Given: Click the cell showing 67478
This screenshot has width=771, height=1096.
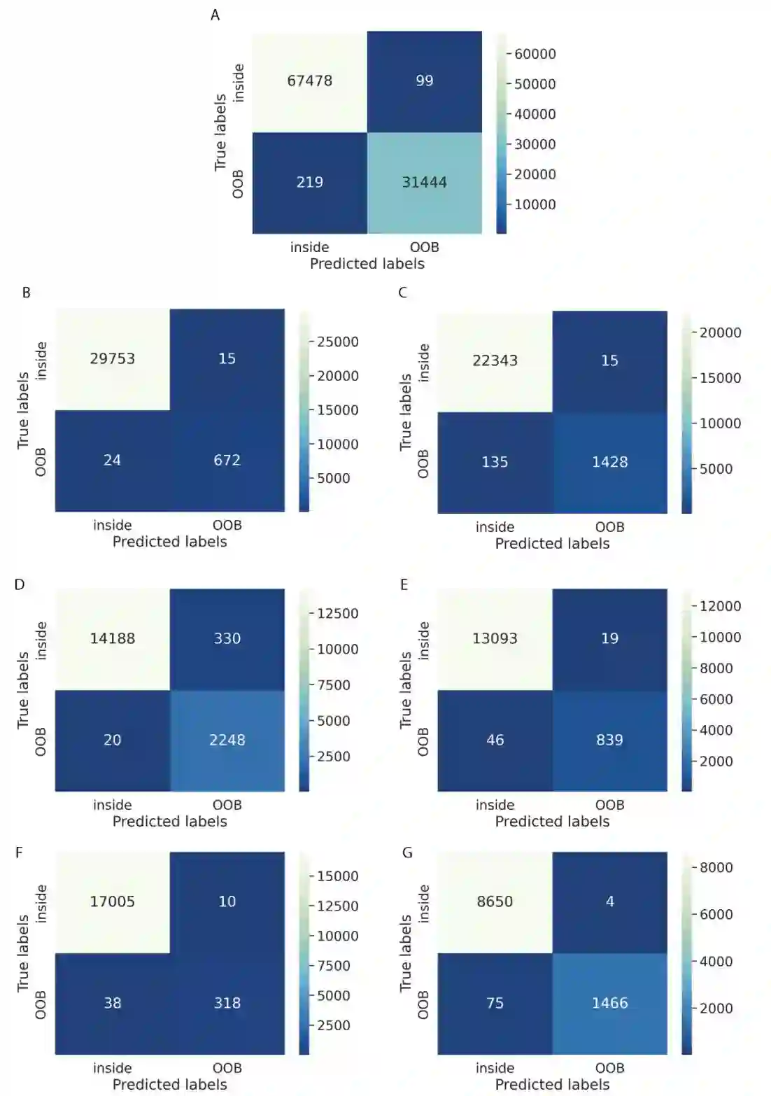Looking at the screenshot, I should pyautogui.click(x=309, y=80).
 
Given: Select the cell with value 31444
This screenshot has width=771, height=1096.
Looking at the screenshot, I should pyautogui.click(x=424, y=182).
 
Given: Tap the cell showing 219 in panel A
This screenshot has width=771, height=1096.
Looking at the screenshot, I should pyautogui.click(x=309, y=182).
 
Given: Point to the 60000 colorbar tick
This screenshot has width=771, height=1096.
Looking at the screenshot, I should pyautogui.click(x=535, y=54).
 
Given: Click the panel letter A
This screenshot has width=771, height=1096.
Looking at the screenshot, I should pyautogui.click(x=215, y=15).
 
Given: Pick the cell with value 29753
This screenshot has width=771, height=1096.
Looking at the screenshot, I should pyautogui.click(x=112, y=358).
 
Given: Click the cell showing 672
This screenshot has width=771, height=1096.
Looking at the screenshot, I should pyautogui.click(x=227, y=460).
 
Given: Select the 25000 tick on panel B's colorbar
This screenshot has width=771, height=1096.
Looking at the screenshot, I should pyautogui.click(x=337, y=342).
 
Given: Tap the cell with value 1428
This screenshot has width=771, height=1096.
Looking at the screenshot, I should pyautogui.click(x=609, y=462).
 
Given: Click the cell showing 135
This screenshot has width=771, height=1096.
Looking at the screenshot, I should pyautogui.click(x=495, y=462).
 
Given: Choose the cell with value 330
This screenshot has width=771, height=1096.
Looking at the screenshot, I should pyautogui.click(x=227, y=638).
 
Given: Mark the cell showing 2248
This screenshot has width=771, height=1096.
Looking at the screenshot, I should pyautogui.click(x=227, y=740).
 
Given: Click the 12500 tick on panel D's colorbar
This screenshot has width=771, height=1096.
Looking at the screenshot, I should pyautogui.click(x=337, y=613).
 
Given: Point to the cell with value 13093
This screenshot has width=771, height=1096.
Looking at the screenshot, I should pyautogui.click(x=495, y=638).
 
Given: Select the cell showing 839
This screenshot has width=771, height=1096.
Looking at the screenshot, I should pyautogui.click(x=609, y=740).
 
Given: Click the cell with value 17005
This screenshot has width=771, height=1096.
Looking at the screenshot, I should pyautogui.click(x=112, y=901).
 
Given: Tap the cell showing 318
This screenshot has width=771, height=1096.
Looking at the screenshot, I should pyautogui.click(x=227, y=1003).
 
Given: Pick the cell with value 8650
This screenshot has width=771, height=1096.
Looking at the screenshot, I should pyautogui.click(x=495, y=901).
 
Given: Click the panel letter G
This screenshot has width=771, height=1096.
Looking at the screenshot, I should pyautogui.click(x=407, y=852).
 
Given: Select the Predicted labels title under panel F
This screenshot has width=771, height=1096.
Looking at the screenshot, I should pyautogui.click(x=170, y=1084).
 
